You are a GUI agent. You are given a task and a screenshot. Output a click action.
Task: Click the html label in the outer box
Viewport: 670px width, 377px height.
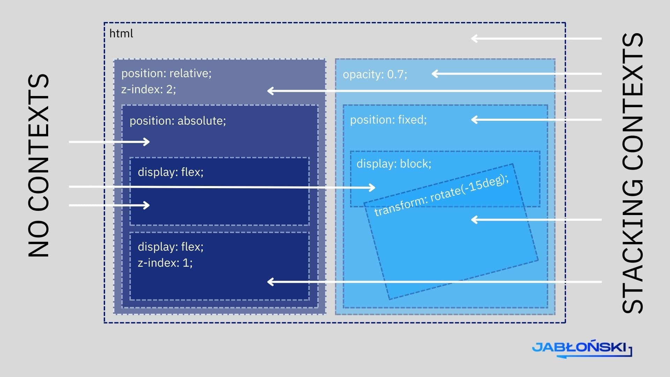(x=121, y=34)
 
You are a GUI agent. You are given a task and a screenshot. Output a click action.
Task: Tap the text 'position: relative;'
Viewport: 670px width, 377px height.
(x=166, y=73)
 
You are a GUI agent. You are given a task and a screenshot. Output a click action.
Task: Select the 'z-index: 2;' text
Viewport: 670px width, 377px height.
(x=148, y=89)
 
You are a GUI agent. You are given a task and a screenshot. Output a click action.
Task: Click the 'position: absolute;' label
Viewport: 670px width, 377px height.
(x=178, y=121)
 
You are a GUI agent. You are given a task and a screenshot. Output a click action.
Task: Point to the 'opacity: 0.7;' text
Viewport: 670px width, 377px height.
(x=375, y=74)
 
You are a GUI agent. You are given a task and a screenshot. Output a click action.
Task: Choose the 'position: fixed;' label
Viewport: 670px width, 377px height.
(x=388, y=120)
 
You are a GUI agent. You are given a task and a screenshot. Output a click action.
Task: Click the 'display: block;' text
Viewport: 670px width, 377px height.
(x=394, y=164)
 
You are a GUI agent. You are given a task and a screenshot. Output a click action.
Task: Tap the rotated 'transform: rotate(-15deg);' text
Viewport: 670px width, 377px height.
(x=441, y=195)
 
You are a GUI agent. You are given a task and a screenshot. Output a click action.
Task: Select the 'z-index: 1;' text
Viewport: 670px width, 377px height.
(x=165, y=263)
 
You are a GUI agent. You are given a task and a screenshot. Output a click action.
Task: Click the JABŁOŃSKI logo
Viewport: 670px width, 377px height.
(x=581, y=348)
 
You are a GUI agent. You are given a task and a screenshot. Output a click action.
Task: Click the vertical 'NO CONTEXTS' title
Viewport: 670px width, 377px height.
(x=38, y=166)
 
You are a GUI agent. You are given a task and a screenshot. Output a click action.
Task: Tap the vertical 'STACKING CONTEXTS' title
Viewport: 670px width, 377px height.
(x=632, y=173)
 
